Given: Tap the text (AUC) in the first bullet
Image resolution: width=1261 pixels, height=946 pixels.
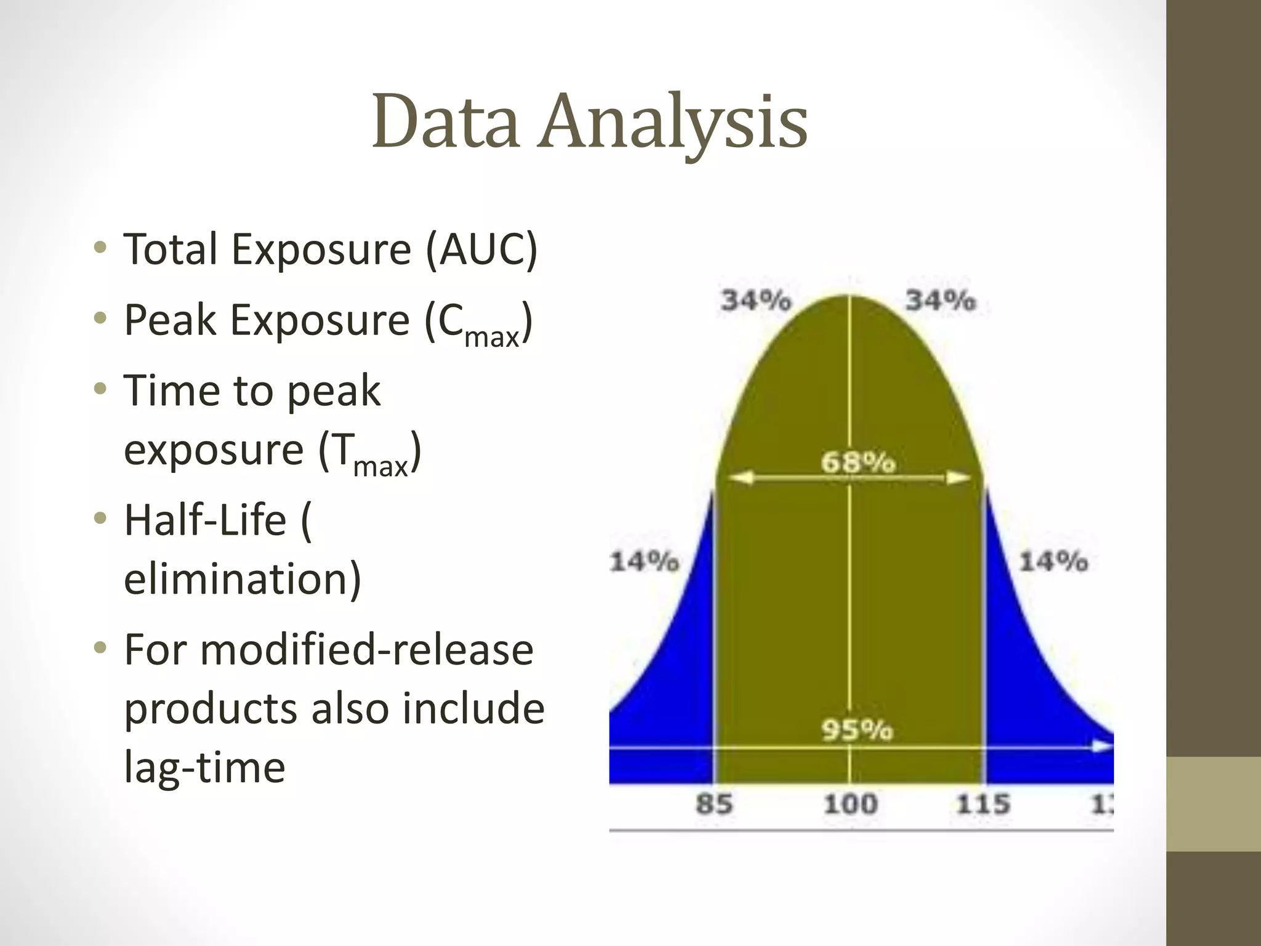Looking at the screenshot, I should (x=482, y=249).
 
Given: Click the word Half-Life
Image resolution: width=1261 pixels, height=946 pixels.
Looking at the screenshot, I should (x=205, y=520).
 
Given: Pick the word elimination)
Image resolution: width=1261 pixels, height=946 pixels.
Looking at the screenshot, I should (x=242, y=579).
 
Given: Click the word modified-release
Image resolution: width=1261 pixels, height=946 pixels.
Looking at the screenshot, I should (x=367, y=650).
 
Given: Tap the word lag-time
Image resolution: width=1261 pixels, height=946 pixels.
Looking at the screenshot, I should (x=204, y=767).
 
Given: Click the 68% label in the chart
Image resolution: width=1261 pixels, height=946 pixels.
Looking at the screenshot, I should (x=857, y=462).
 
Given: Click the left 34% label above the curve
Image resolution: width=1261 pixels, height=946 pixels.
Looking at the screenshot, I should (x=756, y=301).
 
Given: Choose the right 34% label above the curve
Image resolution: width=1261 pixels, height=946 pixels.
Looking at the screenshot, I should (x=940, y=301).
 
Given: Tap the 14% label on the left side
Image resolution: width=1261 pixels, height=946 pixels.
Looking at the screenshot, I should (x=644, y=561).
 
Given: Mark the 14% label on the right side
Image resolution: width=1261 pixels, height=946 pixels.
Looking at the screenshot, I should (x=1054, y=561).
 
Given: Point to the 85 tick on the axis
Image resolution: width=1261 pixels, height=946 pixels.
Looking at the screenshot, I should (x=714, y=804).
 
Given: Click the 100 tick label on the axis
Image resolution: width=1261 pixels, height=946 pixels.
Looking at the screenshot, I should (x=850, y=804).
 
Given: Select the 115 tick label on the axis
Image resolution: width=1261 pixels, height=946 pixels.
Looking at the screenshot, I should (x=983, y=804).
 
